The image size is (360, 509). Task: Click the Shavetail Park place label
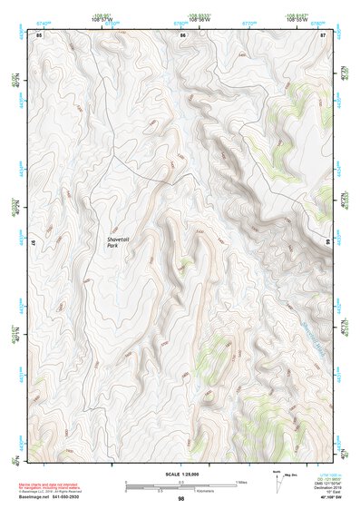click(118, 240)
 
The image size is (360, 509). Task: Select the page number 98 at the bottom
click(181, 500)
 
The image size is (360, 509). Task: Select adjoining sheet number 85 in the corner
click(39, 34)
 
